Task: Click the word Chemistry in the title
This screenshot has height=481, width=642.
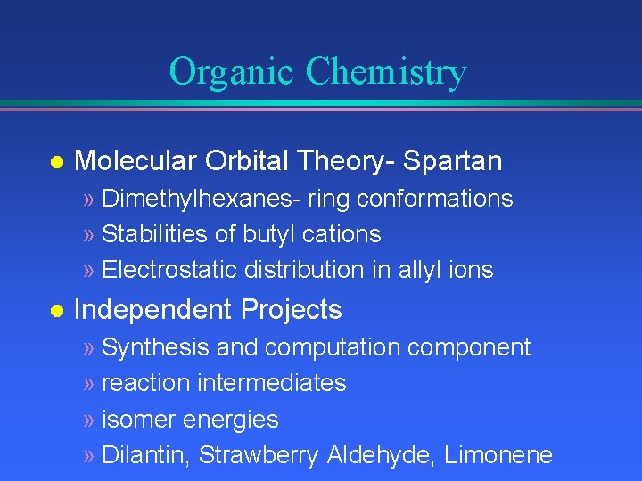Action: [386, 71]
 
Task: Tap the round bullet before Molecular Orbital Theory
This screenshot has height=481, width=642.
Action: [55, 162]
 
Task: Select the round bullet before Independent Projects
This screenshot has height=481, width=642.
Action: [55, 311]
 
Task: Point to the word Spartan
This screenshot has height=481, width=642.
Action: [452, 161]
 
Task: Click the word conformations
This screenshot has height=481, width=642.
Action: [434, 199]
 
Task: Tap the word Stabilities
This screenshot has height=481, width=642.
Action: [151, 234]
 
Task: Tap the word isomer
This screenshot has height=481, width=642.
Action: [138, 420]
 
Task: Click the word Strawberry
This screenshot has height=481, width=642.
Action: [259, 455]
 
